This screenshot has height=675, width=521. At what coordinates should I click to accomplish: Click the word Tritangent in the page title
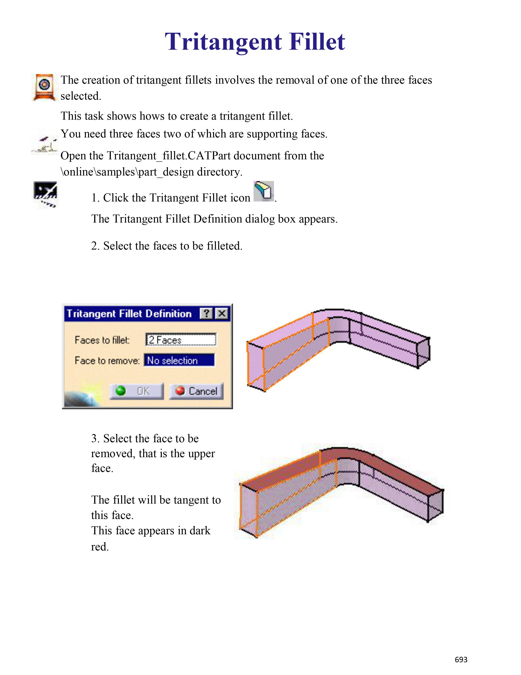tap(223, 42)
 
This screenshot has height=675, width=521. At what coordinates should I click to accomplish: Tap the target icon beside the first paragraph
tap(45, 87)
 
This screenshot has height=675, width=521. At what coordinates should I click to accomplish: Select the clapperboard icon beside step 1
tap(45, 194)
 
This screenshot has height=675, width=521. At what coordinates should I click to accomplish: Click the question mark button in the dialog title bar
tap(206, 314)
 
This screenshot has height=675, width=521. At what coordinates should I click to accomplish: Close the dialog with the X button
tap(222, 314)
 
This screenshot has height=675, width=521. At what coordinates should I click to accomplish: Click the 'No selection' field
tap(179, 360)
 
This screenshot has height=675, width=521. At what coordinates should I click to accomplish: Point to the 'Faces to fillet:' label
tap(102, 340)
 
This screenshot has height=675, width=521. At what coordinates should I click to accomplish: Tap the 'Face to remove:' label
tap(107, 360)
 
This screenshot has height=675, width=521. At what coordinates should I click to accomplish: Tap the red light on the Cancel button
tap(180, 391)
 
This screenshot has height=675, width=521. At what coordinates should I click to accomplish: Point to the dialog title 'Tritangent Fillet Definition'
tap(129, 314)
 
